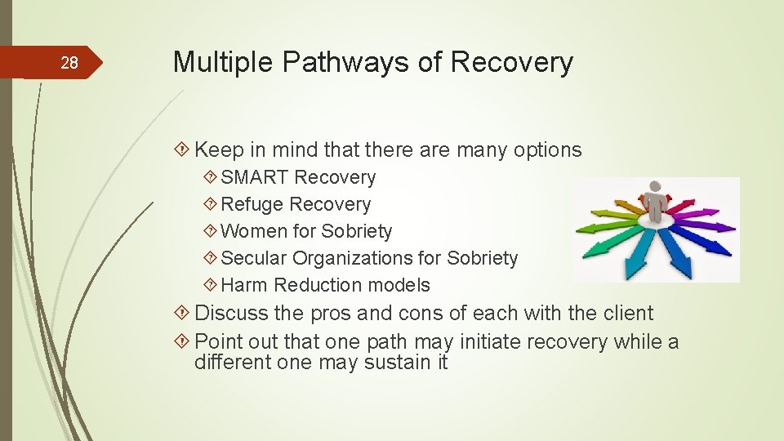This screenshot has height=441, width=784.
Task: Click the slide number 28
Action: tap(70, 64)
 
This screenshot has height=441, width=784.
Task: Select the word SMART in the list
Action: tap(255, 177)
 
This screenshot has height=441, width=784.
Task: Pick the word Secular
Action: tap(254, 258)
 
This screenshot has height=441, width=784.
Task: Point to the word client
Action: tap(625, 313)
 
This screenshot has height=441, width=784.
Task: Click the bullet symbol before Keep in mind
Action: tap(184, 150)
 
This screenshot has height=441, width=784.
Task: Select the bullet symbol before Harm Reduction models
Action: tap(211, 285)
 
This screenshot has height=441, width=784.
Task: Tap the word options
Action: tap(547, 150)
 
